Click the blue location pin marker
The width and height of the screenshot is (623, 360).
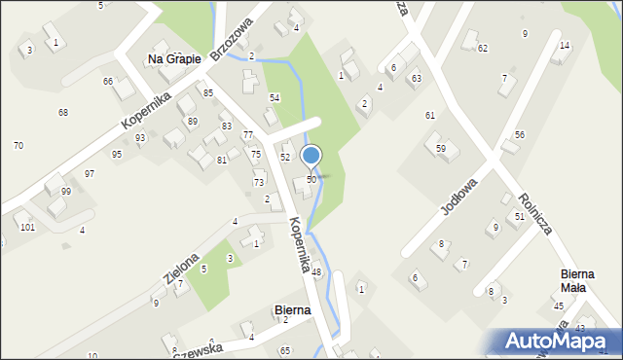311,156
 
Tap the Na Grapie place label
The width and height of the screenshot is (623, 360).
174,59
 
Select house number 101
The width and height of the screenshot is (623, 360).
27,227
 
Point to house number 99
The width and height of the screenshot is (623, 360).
66,191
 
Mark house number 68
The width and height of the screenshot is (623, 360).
62,113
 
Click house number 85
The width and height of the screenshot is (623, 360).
208,92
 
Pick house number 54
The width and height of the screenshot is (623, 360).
275,98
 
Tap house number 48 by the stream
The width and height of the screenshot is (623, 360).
316,271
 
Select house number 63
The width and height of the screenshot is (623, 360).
416,78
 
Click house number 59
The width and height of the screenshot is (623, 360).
441,148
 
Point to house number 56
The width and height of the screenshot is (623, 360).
520,134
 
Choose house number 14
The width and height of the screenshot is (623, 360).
565,46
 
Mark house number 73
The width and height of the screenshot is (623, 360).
259,182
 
